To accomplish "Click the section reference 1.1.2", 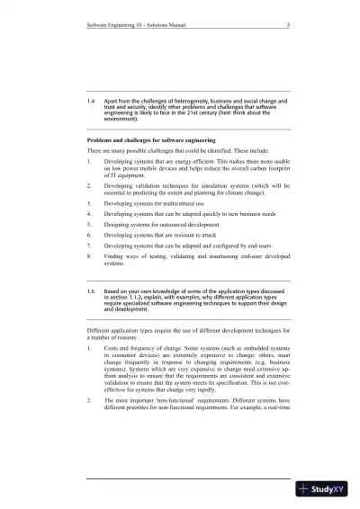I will pyautogui.click(x=150, y=299).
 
